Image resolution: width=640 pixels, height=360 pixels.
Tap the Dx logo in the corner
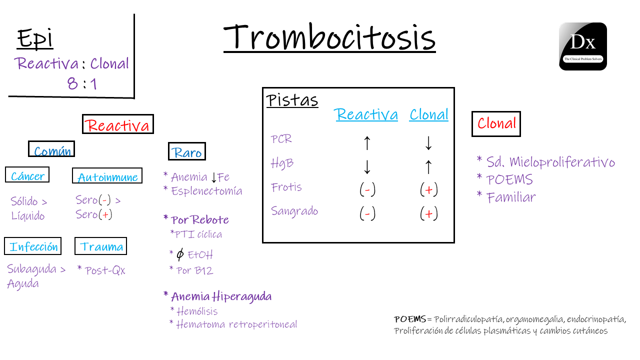pos(582,46)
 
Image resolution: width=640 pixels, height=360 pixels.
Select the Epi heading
pos(34,38)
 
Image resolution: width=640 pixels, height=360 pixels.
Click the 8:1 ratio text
pos(82,83)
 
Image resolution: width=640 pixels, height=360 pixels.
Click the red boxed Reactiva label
pos(118,124)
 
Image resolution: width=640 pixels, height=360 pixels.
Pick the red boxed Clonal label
pos(496,123)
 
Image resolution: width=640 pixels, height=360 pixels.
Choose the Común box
pos(52,150)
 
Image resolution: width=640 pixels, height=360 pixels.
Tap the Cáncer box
pos(27,175)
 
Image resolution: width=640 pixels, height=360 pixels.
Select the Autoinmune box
pos(107,176)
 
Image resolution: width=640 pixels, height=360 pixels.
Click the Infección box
pos(33,246)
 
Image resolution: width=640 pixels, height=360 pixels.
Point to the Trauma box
pos(101,246)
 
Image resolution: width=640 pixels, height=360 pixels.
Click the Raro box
pos(187,152)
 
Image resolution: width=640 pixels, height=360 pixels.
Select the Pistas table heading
pos(292,100)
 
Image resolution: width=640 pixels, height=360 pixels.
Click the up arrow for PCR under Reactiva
pos(366,142)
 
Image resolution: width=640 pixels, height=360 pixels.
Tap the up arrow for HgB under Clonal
pos(428,166)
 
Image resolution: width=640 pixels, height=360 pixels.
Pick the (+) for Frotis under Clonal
pos(428,189)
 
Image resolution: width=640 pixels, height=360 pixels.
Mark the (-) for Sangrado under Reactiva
pos(367,213)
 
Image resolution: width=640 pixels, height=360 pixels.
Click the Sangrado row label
pos(294,211)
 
